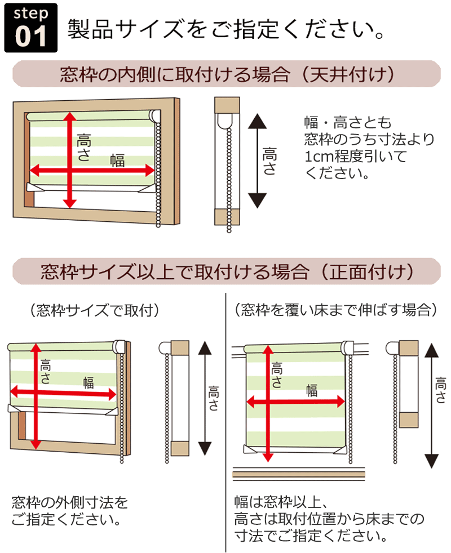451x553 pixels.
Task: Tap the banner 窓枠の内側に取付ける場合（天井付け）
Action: click(226, 74)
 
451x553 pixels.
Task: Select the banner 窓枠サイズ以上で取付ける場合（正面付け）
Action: click(226, 272)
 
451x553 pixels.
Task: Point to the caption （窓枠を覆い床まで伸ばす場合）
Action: click(335, 310)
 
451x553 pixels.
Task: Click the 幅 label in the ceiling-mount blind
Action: click(117, 160)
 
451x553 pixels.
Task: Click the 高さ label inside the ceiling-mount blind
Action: click(83, 148)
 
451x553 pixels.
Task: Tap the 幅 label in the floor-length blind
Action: click(312, 390)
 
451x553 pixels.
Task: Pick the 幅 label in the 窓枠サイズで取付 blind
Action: click(88, 382)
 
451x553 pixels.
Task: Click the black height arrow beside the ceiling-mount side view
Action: click(257, 161)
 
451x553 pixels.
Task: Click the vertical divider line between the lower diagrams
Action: click(225, 422)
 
